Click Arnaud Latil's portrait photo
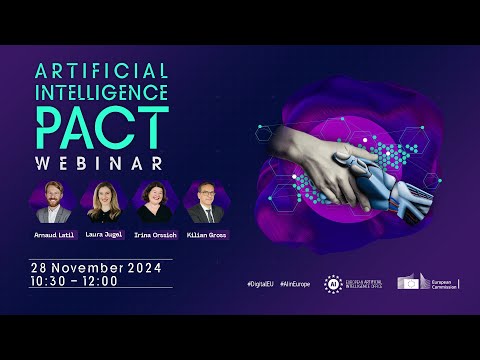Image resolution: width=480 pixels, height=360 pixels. tap(54, 202)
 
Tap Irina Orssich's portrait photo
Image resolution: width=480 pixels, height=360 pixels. tap(155, 202)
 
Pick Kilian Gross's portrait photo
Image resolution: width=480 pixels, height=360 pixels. tap(205, 202)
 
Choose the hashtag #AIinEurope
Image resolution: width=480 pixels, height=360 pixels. tap(296, 284)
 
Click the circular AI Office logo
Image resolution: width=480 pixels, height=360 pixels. tap(333, 284)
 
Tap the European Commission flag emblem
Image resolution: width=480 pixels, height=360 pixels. tap(413, 283)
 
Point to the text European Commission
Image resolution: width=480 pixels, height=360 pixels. tap(441, 284)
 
